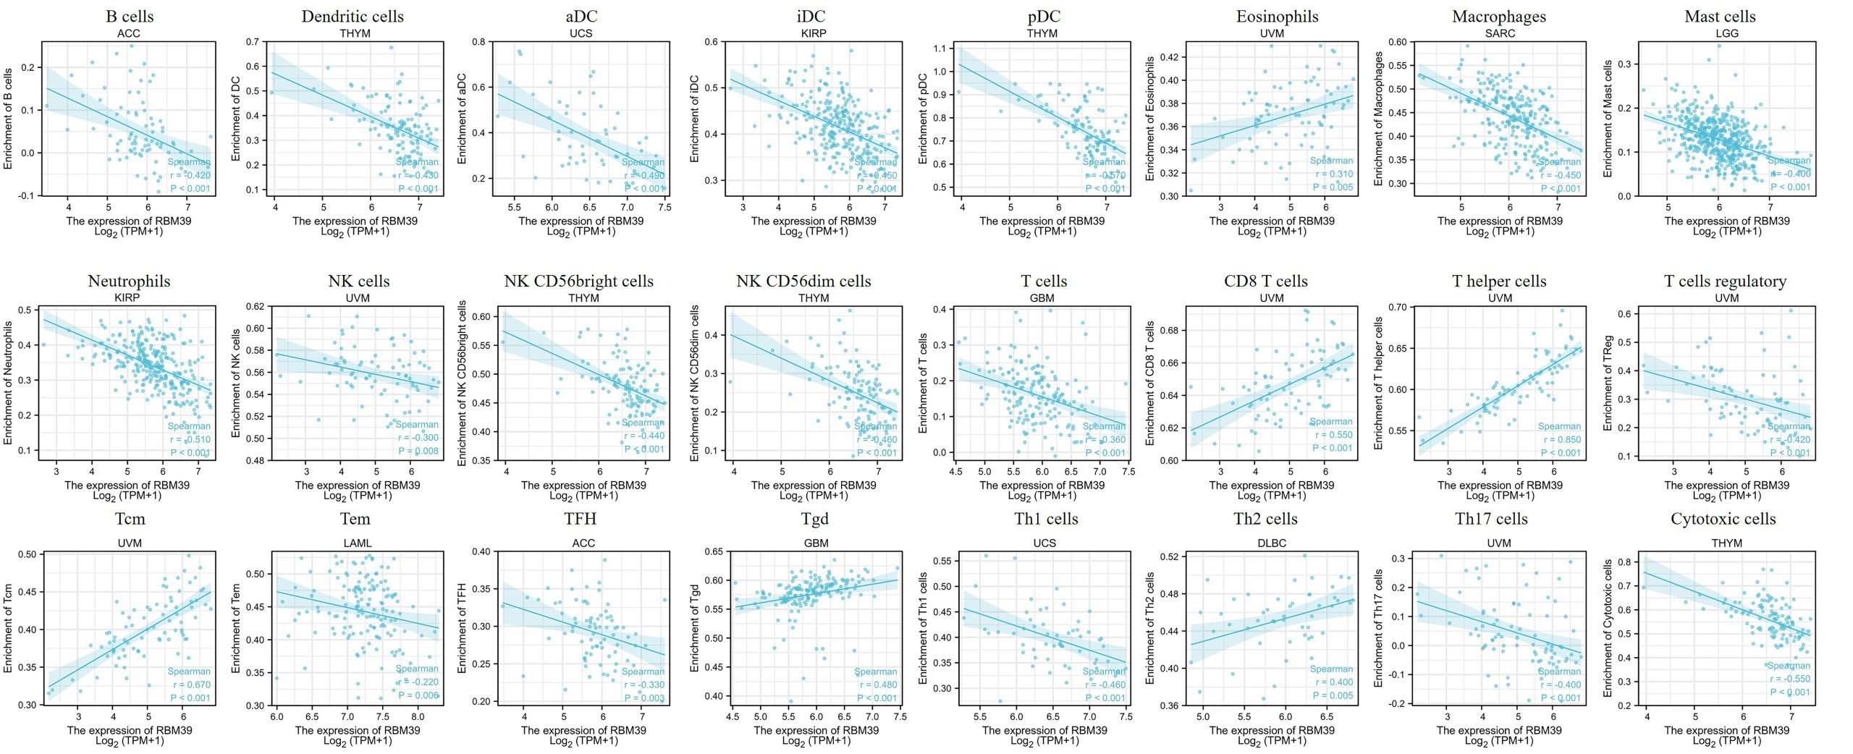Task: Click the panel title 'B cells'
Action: [x=130, y=16]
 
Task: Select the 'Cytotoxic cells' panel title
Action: [x=1723, y=519]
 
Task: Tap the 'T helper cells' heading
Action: [x=1499, y=281]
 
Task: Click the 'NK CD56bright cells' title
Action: [x=578, y=281]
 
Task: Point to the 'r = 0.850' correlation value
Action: [x=1561, y=439]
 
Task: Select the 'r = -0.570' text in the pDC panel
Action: [x=1105, y=175]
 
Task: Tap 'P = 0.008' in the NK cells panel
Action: [x=418, y=451]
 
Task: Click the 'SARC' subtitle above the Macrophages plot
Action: [x=1499, y=33]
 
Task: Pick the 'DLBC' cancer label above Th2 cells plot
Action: [x=1272, y=543]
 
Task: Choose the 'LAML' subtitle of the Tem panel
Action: [x=357, y=543]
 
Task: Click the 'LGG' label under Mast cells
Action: [x=1726, y=33]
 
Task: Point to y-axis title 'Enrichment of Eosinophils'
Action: [x=1149, y=119]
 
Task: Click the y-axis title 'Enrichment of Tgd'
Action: [x=694, y=628]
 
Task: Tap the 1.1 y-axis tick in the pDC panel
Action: [x=940, y=48]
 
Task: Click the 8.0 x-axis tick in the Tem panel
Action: [x=418, y=716]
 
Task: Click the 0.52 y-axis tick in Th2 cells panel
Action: [x=1169, y=556]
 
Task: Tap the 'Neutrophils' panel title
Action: [x=129, y=281]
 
